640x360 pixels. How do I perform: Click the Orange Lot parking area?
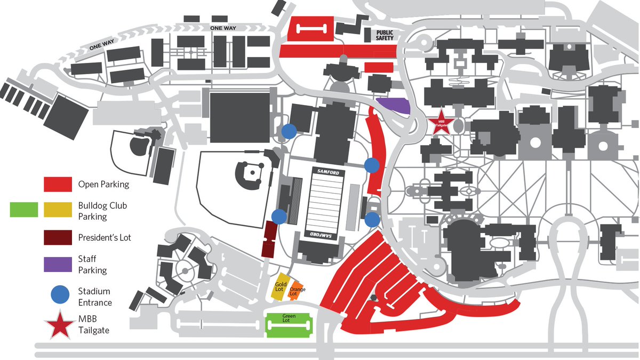(x=297, y=291)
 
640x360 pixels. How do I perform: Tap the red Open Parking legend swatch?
(x=58, y=185)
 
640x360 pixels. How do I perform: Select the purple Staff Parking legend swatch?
(x=58, y=264)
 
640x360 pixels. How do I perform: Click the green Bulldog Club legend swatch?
(x=24, y=210)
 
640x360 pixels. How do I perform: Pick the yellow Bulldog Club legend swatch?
(x=58, y=210)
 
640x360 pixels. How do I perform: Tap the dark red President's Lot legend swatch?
(x=58, y=237)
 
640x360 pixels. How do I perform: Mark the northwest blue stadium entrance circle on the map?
(x=289, y=131)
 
